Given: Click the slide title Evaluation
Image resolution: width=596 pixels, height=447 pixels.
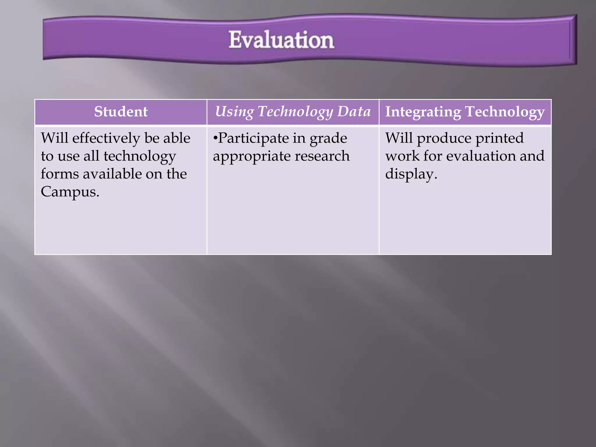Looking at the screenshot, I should coord(281,40).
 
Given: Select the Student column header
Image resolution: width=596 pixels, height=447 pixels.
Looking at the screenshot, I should coord(121,112).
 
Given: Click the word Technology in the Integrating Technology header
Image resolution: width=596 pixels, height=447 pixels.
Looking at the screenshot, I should coord(505,112).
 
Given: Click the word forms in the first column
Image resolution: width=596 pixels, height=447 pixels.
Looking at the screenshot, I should coord(60,174).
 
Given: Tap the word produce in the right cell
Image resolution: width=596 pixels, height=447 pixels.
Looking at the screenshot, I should coord(444,139).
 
